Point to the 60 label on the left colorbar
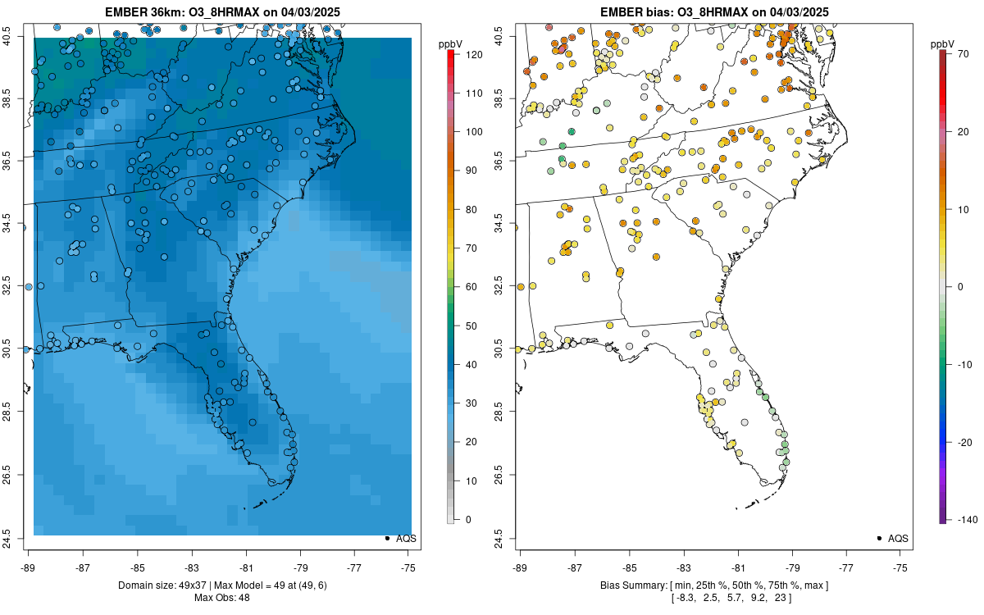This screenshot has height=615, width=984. click(471, 287)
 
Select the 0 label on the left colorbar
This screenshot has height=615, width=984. click(468, 519)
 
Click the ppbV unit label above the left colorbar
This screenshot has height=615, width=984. click(451, 43)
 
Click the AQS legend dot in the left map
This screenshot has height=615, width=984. click(387, 538)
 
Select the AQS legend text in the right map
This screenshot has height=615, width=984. click(899, 539)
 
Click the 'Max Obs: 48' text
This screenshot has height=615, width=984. click(221, 598)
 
